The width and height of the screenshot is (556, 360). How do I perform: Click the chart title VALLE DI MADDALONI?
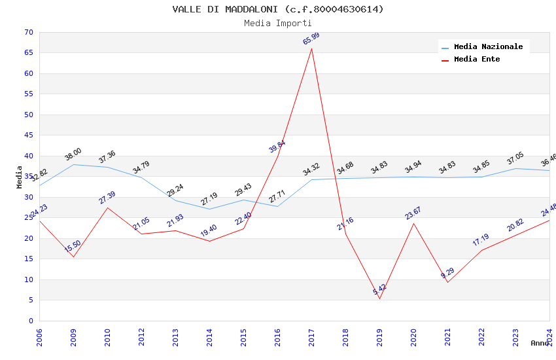pyautogui.click(x=278, y=9)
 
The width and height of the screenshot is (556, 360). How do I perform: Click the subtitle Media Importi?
pyautogui.click(x=278, y=23)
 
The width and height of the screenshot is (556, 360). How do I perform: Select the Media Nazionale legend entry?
pyautogui.click(x=488, y=47)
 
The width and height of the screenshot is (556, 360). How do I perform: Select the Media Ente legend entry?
pyautogui.click(x=477, y=60)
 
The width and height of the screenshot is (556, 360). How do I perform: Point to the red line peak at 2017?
pyautogui.click(x=311, y=48)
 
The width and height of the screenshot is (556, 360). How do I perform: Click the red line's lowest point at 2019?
pyautogui.click(x=379, y=298)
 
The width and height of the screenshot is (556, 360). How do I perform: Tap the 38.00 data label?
pyautogui.click(x=73, y=154)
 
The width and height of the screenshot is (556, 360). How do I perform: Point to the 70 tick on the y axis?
pyautogui.click(x=27, y=32)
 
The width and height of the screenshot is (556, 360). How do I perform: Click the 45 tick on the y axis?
pyautogui.click(x=27, y=135)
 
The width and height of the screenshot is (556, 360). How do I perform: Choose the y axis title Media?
pyautogui.click(x=19, y=177)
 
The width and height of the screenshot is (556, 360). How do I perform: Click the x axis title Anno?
pyautogui.click(x=540, y=343)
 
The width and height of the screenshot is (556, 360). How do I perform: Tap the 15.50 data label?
pyautogui.click(x=73, y=247)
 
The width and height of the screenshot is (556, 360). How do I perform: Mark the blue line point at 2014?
pyautogui.click(x=209, y=209)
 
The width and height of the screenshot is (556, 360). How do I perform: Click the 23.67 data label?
pyautogui.click(x=413, y=213)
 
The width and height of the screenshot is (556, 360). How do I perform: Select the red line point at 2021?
pyautogui.click(x=447, y=282)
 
